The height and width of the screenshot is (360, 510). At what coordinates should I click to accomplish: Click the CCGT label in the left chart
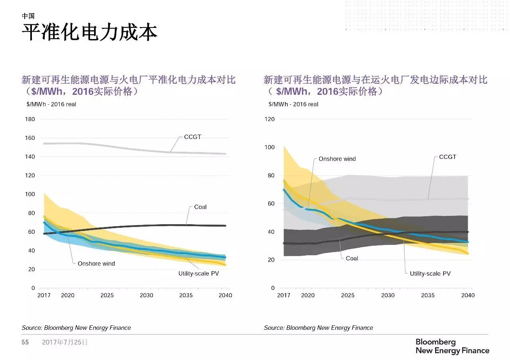pyautogui.click(x=192, y=137)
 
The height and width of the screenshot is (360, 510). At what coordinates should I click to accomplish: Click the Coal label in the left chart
pyautogui.click(x=200, y=207)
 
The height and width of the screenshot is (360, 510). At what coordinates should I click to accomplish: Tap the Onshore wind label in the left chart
pyautogui.click(x=96, y=264)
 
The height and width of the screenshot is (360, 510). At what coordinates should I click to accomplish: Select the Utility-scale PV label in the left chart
pyautogui.click(x=198, y=274)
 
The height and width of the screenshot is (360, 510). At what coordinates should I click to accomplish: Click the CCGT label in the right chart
pyautogui.click(x=447, y=157)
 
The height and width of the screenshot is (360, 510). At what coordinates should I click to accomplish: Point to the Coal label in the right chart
pyautogui.click(x=352, y=258)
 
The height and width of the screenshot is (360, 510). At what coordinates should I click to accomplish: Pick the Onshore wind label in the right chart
pyautogui.click(x=337, y=159)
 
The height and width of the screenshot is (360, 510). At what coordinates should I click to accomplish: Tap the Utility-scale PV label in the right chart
pyautogui.click(x=430, y=274)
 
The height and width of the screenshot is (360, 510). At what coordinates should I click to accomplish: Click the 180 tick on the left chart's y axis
pyautogui.click(x=30, y=119)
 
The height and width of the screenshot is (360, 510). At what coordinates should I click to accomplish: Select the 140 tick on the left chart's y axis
pyautogui.click(x=30, y=157)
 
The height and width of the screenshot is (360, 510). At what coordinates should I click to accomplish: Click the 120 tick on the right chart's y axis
pyautogui.click(x=270, y=119)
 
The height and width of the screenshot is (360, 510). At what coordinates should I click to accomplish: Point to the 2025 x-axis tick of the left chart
pyautogui.click(x=107, y=295)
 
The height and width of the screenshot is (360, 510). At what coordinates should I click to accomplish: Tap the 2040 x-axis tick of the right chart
pyautogui.click(x=468, y=295)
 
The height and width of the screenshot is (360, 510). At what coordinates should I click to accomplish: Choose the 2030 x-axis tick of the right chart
pyautogui.click(x=388, y=295)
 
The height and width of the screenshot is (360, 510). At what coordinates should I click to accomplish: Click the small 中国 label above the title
pyautogui.click(x=28, y=16)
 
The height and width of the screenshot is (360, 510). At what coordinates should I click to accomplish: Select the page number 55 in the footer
pyautogui.click(x=25, y=342)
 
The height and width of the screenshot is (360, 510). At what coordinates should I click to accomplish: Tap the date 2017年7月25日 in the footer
pyautogui.click(x=65, y=342)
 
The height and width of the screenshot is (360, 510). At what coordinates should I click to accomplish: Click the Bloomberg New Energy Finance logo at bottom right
pyautogui.click(x=452, y=346)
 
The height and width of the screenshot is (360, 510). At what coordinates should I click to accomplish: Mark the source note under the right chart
pyautogui.click(x=318, y=328)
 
